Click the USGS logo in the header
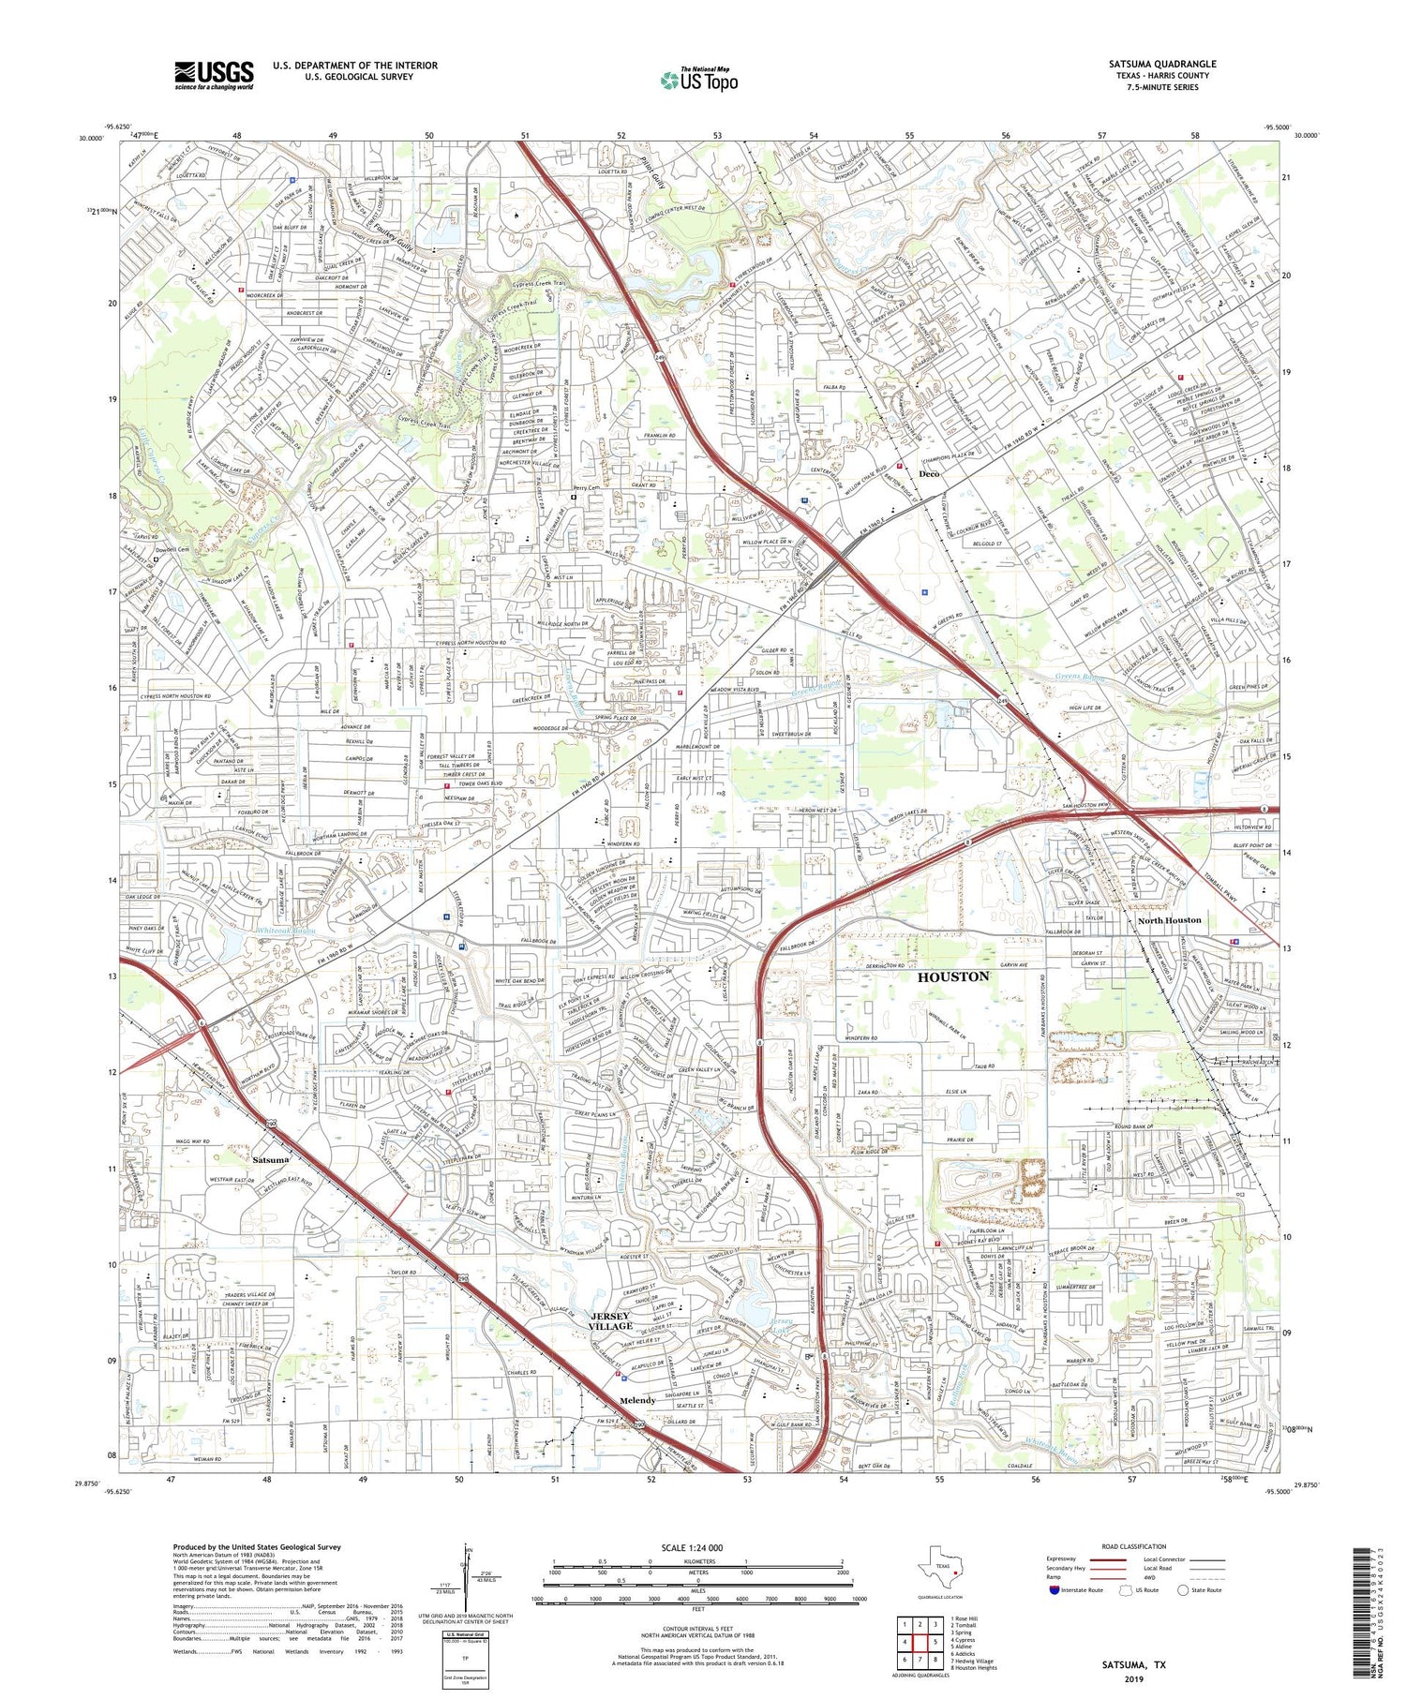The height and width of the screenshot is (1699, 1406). tap(214, 75)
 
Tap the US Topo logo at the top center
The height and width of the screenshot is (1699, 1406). tap(698, 80)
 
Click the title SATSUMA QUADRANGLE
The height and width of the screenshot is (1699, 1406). tap(1161, 64)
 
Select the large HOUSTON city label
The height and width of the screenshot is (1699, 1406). tap(952, 976)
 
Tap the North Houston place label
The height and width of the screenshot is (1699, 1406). tap(1169, 920)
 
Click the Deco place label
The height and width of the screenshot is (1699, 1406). tap(928, 474)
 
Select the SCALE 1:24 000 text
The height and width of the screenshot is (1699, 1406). tap(697, 1547)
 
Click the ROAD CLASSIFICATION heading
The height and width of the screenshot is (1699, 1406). tap(1133, 1546)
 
